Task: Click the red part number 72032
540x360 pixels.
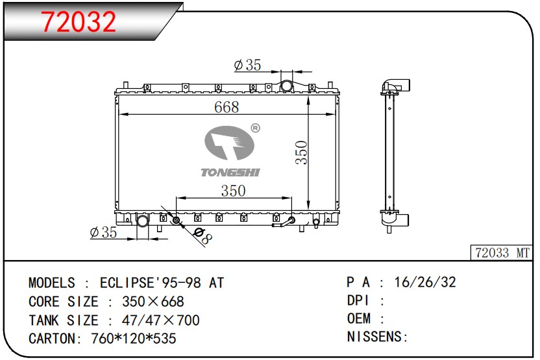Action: [x=79, y=21]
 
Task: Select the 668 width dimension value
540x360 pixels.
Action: [x=227, y=107]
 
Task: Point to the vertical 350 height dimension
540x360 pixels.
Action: [x=301, y=152]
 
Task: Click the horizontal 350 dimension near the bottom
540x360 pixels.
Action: [x=233, y=191]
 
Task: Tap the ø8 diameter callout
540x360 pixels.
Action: [x=202, y=235]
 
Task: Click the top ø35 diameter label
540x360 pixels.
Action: [x=248, y=65]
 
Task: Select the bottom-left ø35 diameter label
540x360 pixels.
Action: [x=103, y=232]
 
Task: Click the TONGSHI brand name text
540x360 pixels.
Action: [x=230, y=172]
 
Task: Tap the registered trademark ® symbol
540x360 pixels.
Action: [x=256, y=128]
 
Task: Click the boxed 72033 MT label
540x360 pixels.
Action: [x=502, y=253]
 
